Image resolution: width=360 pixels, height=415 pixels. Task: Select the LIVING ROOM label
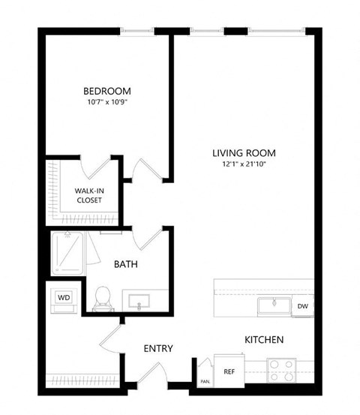(239, 152)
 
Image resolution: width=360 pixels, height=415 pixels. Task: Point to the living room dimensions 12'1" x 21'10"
(239, 165)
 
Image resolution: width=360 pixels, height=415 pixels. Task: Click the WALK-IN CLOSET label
(89, 196)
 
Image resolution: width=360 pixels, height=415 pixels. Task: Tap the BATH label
(125, 264)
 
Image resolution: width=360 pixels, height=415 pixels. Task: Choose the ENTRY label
(158, 348)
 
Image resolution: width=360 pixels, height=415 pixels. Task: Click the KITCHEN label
(263, 340)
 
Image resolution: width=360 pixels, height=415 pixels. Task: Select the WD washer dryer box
(64, 297)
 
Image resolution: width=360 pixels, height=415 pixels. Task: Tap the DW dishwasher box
(302, 306)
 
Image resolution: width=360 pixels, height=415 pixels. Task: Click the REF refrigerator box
(229, 371)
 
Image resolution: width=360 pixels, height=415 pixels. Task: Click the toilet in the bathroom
(103, 298)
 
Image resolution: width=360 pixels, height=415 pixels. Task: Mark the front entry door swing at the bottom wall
(155, 375)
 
